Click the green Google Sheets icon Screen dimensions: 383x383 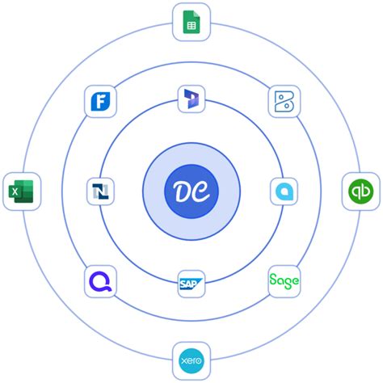191,22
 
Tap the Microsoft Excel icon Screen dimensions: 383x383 21,191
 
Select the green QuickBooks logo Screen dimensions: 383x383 361,191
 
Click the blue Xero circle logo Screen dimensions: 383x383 191,360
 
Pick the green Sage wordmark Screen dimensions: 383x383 284,281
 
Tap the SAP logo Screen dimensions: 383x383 191,284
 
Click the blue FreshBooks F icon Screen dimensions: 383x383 100,101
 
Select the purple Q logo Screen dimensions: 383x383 100,281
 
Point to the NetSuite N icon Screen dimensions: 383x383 100,191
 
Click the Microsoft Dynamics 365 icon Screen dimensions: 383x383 191,99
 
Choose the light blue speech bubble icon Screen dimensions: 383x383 284,191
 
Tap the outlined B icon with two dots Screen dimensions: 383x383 284,102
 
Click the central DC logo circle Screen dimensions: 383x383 191,191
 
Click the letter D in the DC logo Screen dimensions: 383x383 181,191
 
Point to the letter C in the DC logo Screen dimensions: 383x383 201,191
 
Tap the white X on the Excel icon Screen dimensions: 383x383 15,191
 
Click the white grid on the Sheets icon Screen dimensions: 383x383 191,26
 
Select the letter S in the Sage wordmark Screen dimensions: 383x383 273,280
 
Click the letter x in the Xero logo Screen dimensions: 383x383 184,360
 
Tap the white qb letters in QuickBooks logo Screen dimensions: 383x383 361,191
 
